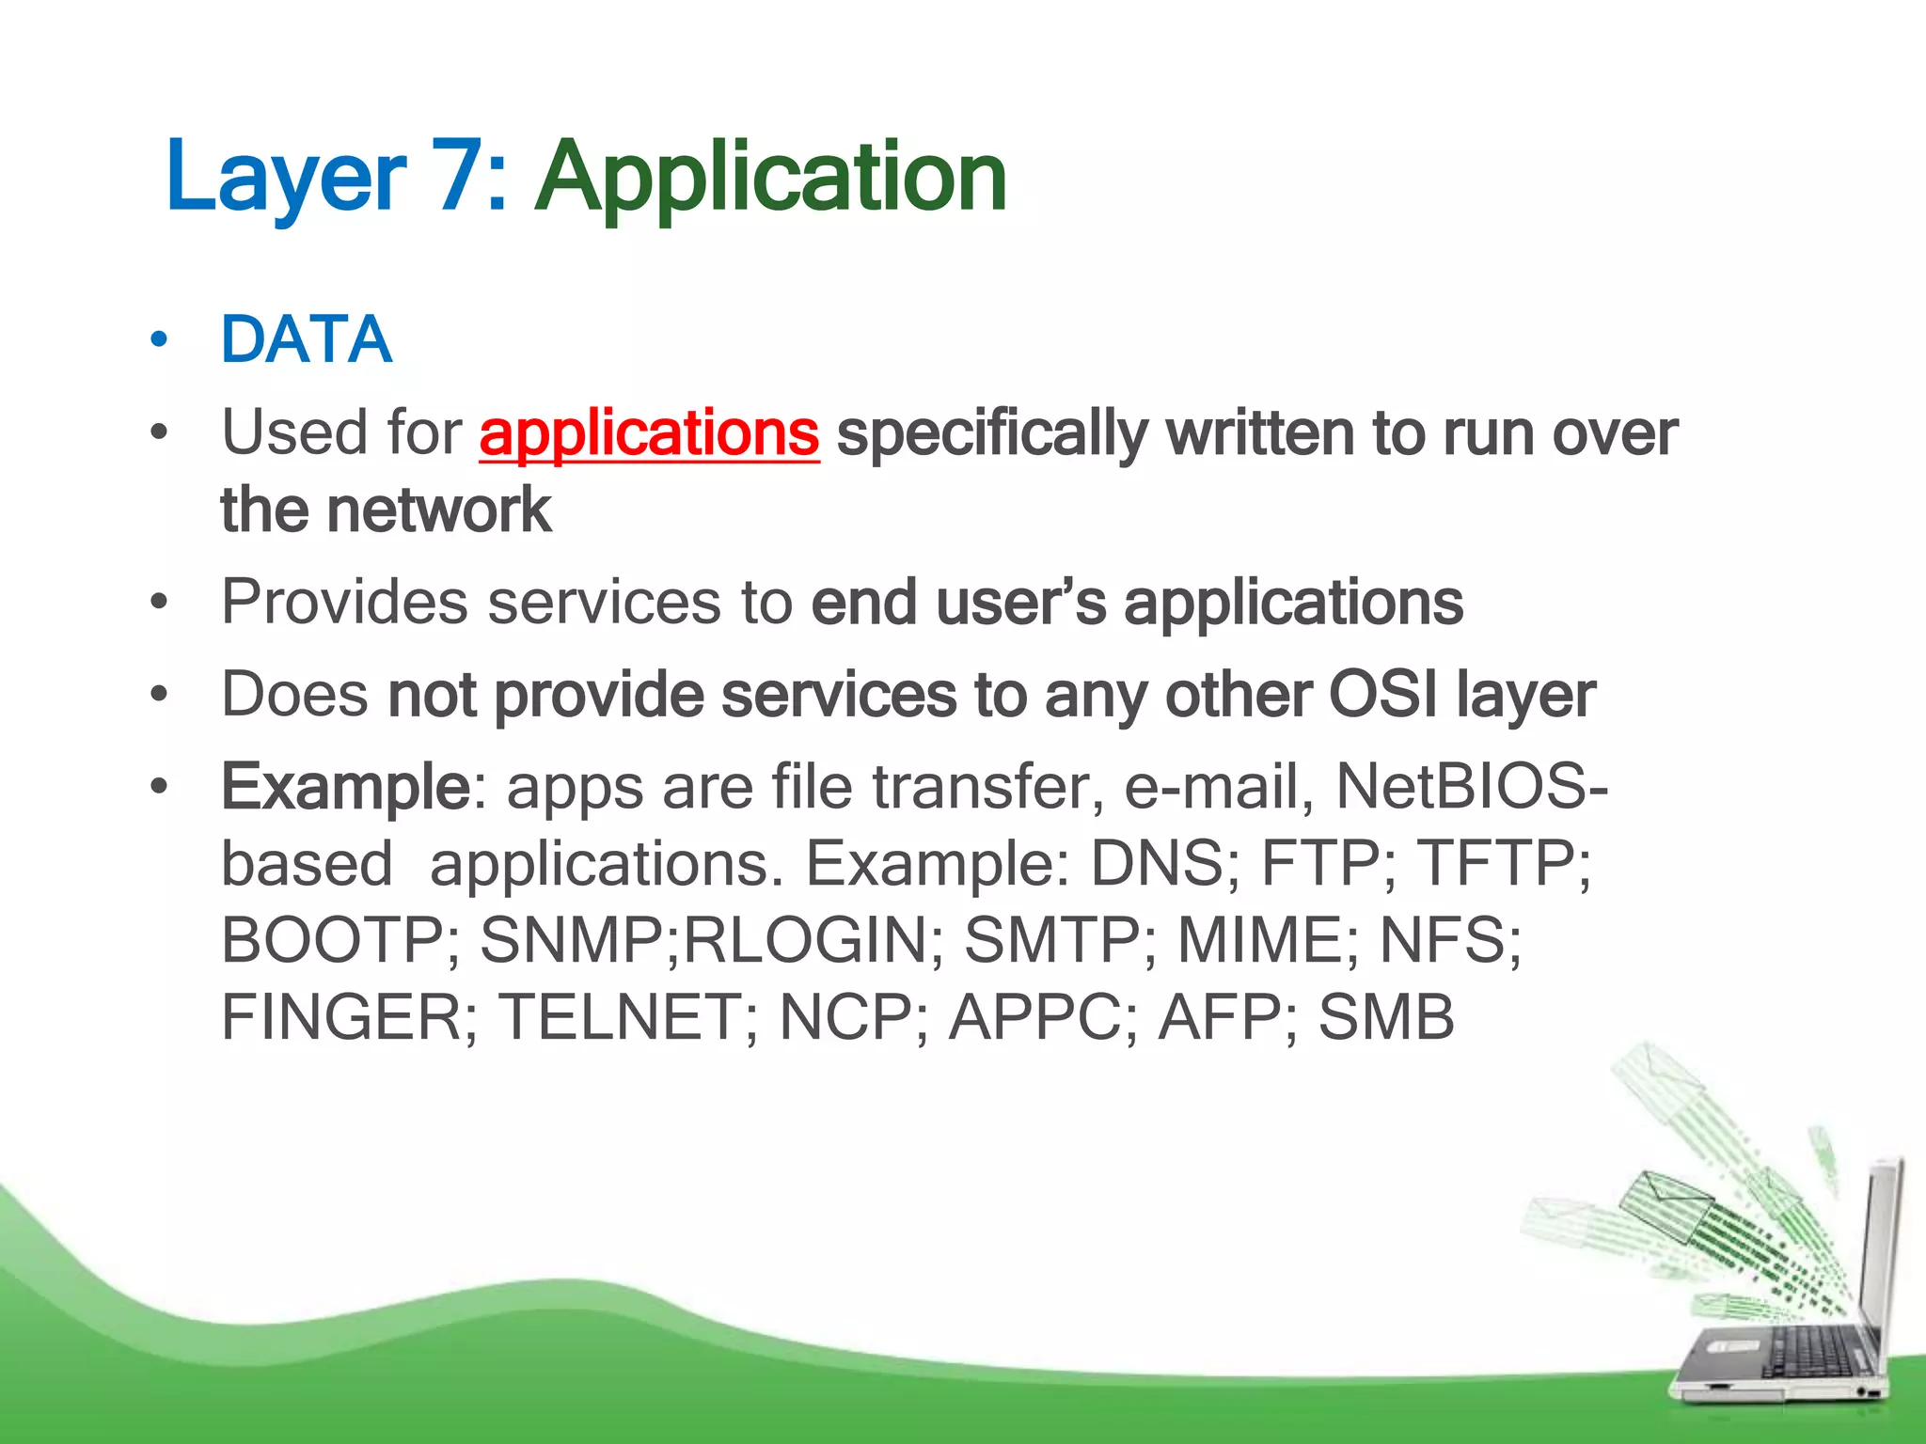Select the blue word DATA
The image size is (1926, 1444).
(x=306, y=339)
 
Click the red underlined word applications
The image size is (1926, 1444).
(x=649, y=433)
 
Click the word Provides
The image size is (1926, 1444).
(x=344, y=602)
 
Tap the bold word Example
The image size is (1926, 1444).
(x=345, y=788)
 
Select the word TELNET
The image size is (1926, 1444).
(x=621, y=1018)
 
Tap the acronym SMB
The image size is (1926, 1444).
(x=1386, y=1018)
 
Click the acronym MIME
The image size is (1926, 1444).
(x=1260, y=941)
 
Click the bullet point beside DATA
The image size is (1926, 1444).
(x=159, y=339)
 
